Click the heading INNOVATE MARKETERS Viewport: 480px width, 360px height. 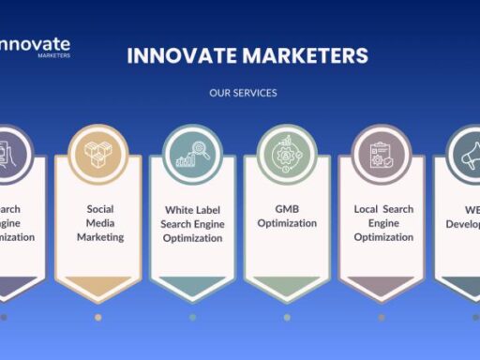tap(247, 55)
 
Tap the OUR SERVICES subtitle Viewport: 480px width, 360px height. tap(243, 93)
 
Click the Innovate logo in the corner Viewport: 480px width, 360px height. tap(35, 45)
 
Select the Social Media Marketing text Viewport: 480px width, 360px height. tap(99, 223)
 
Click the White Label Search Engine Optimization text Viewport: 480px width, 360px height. tap(193, 224)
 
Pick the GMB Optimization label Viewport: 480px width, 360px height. tap(287, 217)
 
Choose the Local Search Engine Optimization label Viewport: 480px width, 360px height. tap(383, 223)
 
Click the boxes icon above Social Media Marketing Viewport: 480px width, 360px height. tap(98, 153)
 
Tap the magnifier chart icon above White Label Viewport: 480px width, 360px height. tap(192, 153)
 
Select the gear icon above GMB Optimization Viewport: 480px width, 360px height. tap(287, 153)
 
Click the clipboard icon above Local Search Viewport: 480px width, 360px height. tap(382, 153)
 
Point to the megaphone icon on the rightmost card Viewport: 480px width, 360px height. tap(469, 153)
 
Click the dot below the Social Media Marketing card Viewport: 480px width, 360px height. tap(98, 317)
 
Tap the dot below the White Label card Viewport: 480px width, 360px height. tap(192, 317)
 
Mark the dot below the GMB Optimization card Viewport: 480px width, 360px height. tap(287, 317)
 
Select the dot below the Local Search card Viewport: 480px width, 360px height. tap(382, 317)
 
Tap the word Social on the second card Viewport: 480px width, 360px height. tap(99, 209)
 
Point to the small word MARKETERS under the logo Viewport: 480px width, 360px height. tap(54, 56)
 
